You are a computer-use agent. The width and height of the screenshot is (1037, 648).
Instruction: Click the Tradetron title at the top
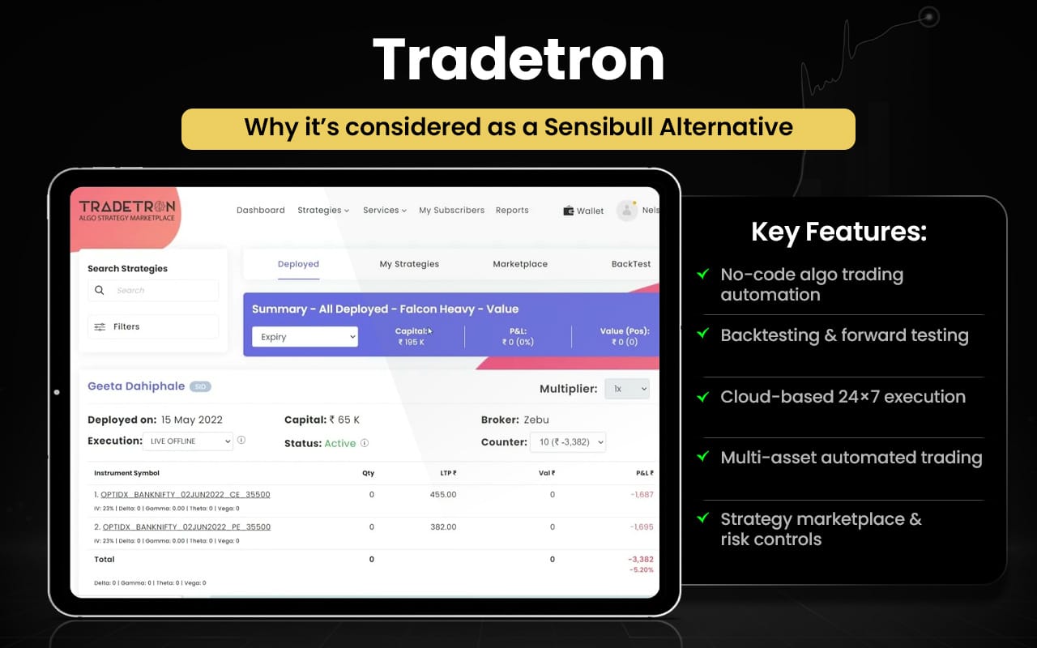pyautogui.click(x=518, y=60)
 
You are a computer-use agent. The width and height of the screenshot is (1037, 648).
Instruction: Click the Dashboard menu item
pyautogui.click(x=260, y=211)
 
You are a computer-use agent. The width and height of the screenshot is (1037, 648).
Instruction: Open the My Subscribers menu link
pyautogui.click(x=451, y=211)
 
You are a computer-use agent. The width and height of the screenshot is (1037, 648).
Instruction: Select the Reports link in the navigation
pyautogui.click(x=512, y=211)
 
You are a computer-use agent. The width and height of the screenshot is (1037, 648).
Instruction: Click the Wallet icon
pyautogui.click(x=569, y=211)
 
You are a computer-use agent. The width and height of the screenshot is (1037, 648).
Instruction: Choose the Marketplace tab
pyautogui.click(x=520, y=264)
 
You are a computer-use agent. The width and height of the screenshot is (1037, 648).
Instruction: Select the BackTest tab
pyautogui.click(x=631, y=264)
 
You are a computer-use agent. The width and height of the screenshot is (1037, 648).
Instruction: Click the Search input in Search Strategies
pyautogui.click(x=153, y=291)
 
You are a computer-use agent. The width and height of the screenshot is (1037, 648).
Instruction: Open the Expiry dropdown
pyautogui.click(x=305, y=337)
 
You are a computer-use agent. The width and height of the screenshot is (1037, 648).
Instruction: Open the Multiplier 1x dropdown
pyautogui.click(x=627, y=390)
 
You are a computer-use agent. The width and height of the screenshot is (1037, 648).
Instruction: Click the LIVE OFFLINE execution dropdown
pyautogui.click(x=188, y=441)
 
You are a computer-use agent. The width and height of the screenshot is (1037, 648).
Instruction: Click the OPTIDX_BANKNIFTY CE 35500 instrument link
pyautogui.click(x=186, y=495)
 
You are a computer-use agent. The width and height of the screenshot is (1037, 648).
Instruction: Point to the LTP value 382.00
pyautogui.click(x=442, y=527)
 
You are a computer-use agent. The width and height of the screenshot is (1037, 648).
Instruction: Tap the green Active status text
pyautogui.click(x=339, y=444)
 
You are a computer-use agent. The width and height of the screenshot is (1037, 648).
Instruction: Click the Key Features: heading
pyautogui.click(x=839, y=232)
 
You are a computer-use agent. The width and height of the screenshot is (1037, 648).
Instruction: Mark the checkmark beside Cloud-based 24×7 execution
pyautogui.click(x=703, y=396)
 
